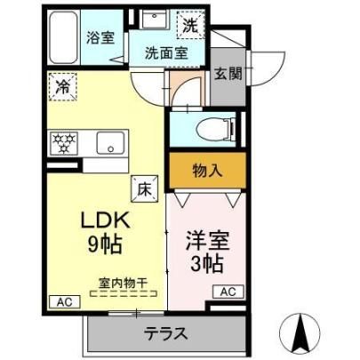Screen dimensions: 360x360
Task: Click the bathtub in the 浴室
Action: pos(63,37)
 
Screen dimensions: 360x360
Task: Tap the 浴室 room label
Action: pos(100,37)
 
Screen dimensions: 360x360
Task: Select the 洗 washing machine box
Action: pos(190,25)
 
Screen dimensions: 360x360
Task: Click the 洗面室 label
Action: pos(166,53)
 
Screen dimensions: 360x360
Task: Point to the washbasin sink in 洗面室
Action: pos(155,20)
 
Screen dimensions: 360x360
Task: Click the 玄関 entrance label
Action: pos(228,73)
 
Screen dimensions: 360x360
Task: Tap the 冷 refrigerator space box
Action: pos(63,87)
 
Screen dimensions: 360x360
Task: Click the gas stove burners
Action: pos(64,143)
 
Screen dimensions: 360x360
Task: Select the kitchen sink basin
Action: pos(110,142)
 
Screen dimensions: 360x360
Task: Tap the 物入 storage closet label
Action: pos(207,171)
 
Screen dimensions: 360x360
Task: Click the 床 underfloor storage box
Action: pos(145,188)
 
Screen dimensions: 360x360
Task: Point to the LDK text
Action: pos(106,220)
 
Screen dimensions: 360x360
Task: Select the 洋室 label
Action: pos(207,241)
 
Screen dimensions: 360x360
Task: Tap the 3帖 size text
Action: pos(206,264)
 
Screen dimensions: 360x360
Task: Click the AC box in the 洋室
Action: pos(228,292)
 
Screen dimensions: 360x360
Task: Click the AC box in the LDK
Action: pos(65,302)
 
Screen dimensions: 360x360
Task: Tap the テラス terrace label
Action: pos(166,334)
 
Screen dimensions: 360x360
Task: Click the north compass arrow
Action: pos(300,329)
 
